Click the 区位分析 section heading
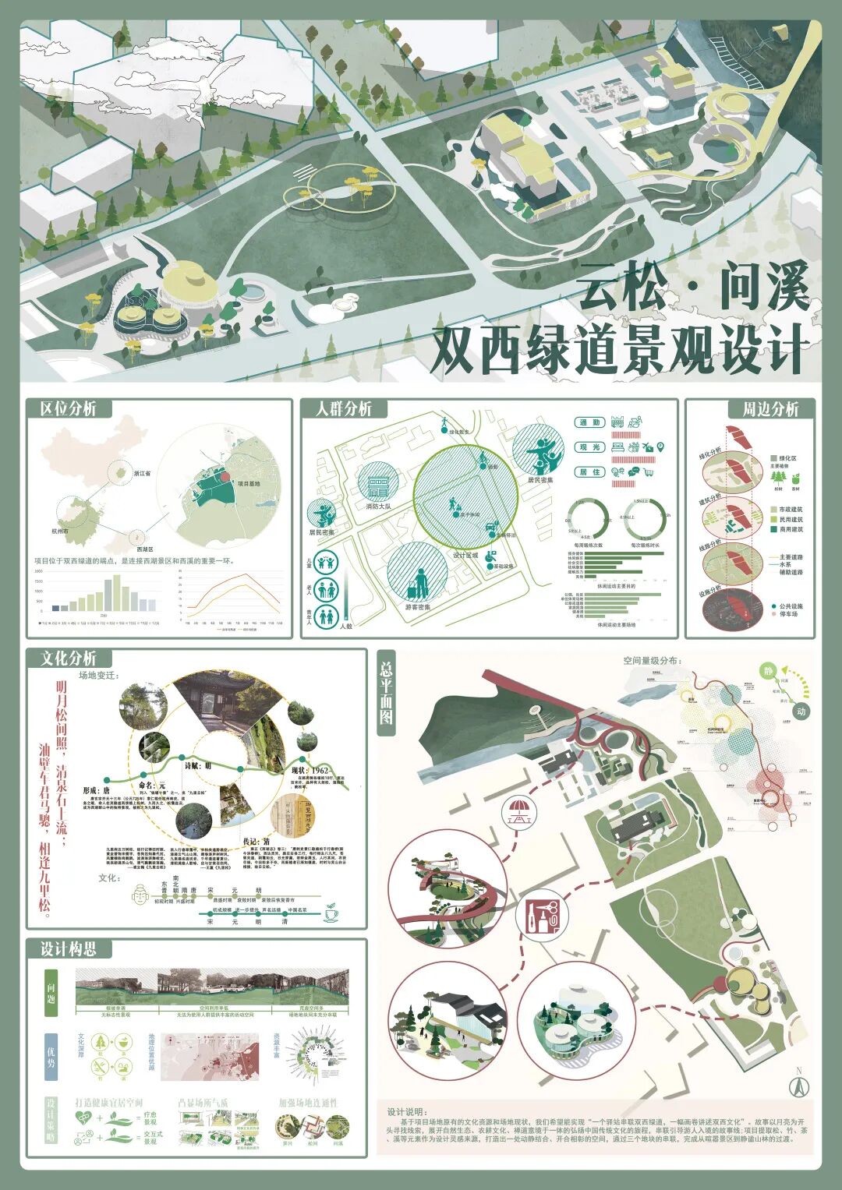[69, 409]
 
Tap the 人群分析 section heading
[344, 409]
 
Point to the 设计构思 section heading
[69, 949]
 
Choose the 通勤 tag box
[591, 423]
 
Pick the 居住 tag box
[591, 472]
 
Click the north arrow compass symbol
[798, 1084]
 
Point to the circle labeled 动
[801, 711]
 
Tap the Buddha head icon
[140, 898]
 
